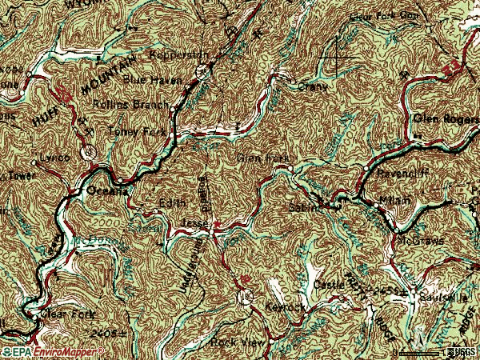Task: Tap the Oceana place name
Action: (x=106, y=190)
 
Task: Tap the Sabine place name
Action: (x=305, y=208)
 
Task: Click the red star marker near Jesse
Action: (x=217, y=234)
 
